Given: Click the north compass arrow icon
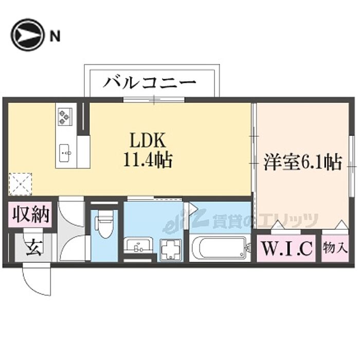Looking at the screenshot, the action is click(x=27, y=35).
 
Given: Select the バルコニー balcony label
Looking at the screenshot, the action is click(x=150, y=82).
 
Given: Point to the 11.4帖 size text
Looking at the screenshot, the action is click(x=147, y=160).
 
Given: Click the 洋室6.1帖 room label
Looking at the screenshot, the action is click(x=302, y=163).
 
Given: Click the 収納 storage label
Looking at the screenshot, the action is click(x=30, y=214).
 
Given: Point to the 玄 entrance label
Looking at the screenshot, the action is click(x=33, y=248).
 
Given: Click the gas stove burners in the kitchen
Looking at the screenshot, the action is click(x=65, y=116).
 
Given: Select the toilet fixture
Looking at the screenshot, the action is click(x=104, y=226).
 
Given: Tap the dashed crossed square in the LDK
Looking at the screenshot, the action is click(x=20, y=184).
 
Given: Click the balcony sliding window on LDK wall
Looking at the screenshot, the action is click(x=153, y=99).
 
